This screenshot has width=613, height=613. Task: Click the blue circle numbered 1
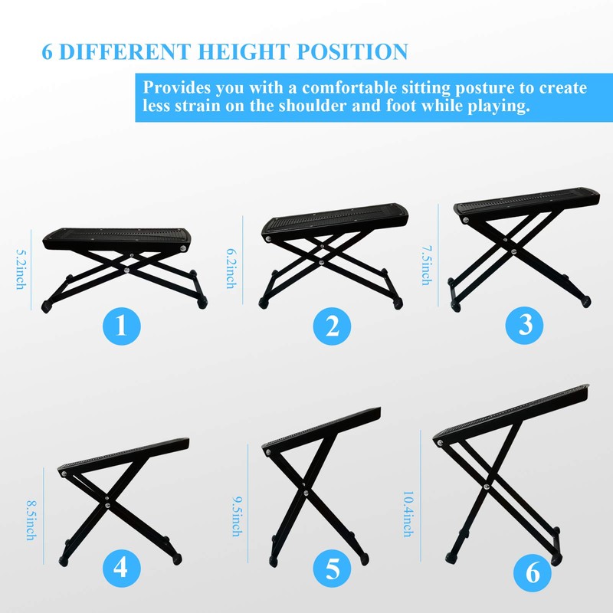122,327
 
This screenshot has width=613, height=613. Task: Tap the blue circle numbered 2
332,327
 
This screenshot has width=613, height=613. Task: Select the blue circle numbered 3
525,325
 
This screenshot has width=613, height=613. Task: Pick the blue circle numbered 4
122,569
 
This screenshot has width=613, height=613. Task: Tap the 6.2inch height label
231,267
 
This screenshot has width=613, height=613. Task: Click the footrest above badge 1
124,261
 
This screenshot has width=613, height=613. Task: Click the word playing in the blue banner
499,107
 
